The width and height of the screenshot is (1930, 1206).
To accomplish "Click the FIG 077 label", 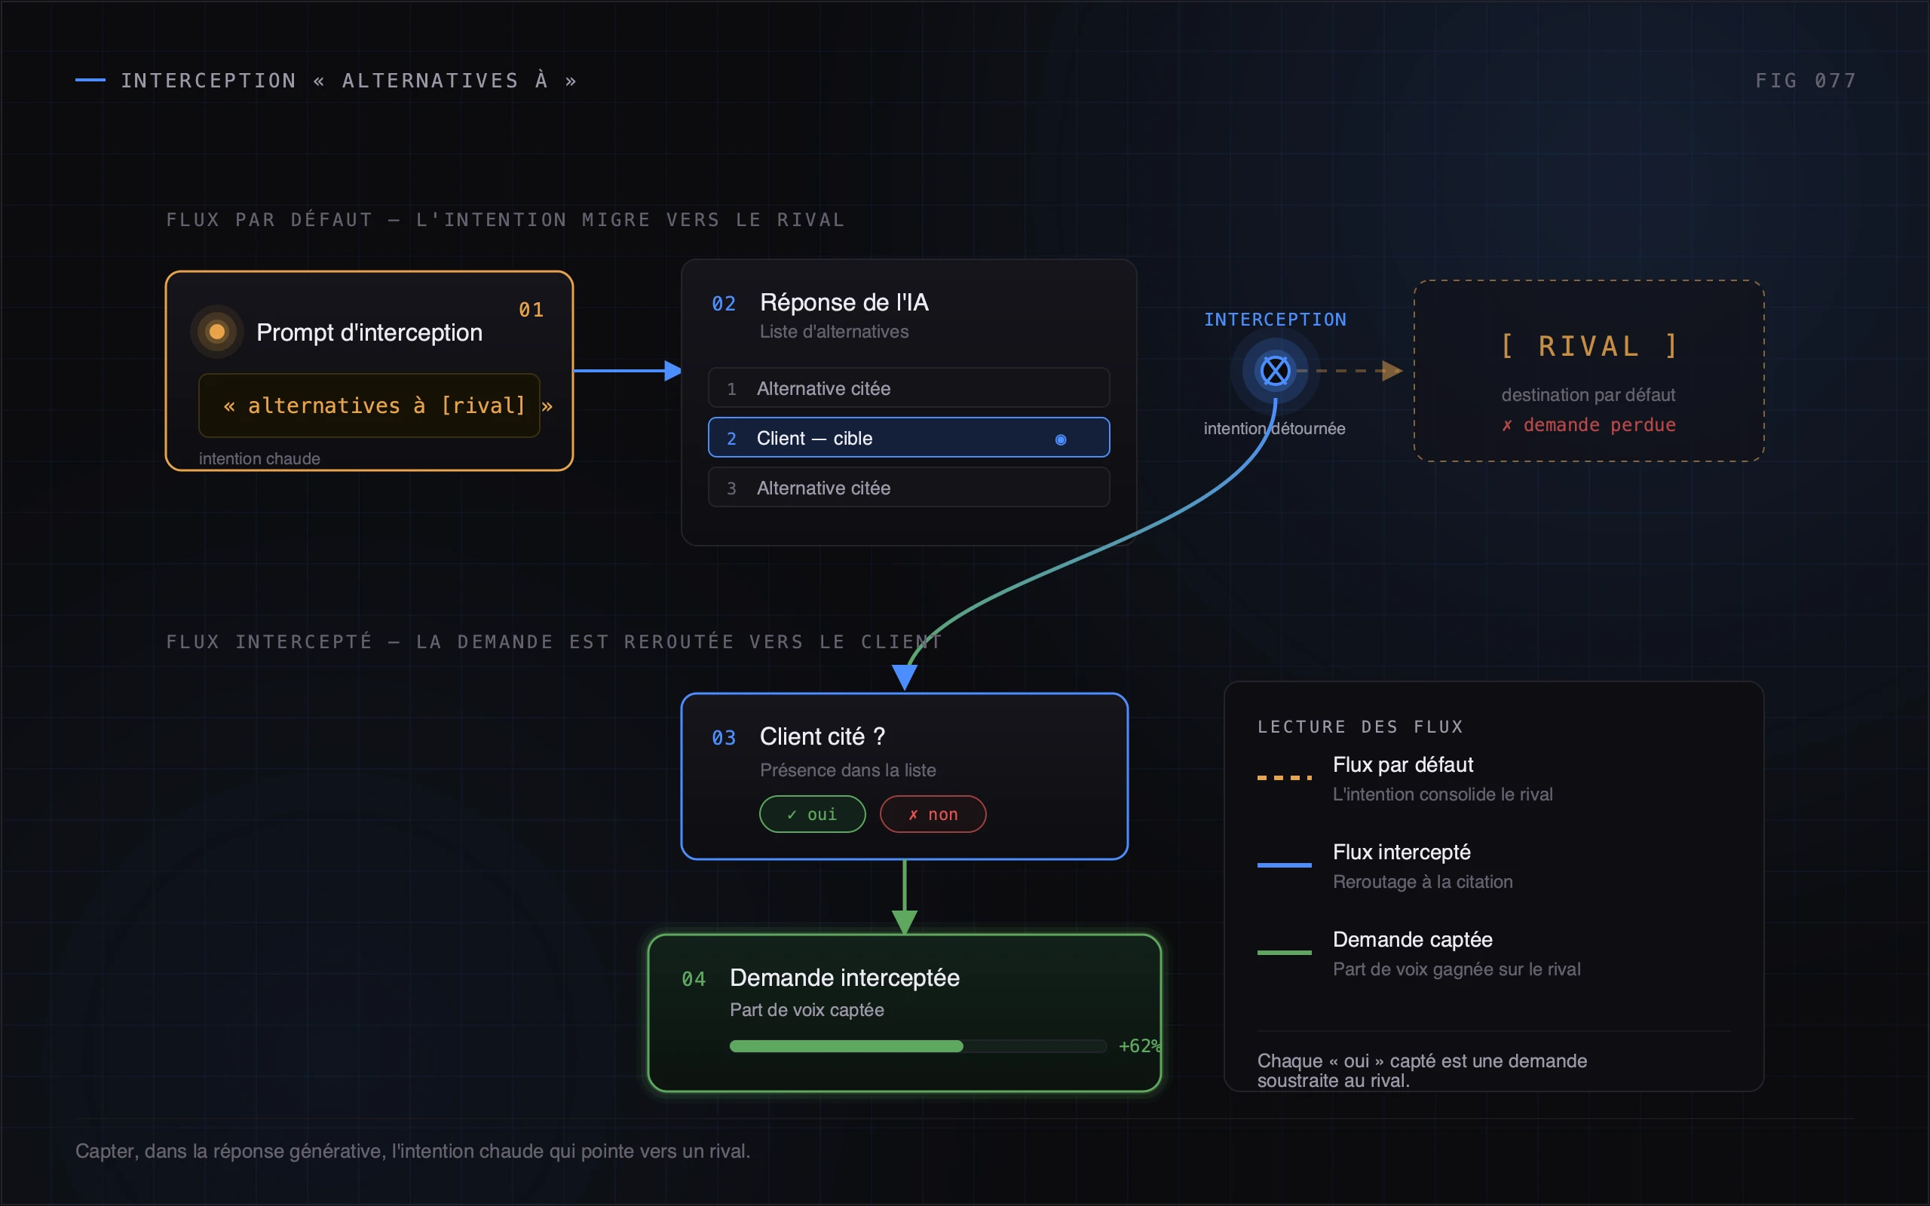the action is point(1806,81).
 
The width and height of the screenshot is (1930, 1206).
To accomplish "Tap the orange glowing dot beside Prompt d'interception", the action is point(217,332).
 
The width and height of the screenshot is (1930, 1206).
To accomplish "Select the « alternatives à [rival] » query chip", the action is point(369,406).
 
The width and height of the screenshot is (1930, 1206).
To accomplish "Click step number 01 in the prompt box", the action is point(532,310).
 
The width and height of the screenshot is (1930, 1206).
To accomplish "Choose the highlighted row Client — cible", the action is point(908,437).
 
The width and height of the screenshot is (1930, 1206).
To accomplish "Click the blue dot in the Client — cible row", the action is point(1061,439).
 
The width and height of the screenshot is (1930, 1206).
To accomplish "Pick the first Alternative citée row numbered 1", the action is point(908,387).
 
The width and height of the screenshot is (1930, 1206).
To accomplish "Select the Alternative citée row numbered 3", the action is point(908,487).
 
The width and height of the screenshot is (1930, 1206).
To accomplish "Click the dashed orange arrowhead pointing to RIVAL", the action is point(1392,371).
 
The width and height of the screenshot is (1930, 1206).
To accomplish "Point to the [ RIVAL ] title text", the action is point(1588,346).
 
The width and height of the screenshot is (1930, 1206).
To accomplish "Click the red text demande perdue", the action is point(1600,424).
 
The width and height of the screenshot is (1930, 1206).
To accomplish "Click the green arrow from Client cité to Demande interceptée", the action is point(905,896).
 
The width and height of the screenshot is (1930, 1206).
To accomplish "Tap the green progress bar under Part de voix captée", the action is point(846,1045).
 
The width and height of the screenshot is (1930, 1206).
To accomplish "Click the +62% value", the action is point(1140,1045).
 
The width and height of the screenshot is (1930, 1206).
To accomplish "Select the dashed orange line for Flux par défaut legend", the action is point(1284,777).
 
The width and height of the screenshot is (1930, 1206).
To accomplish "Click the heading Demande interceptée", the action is point(844,978).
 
